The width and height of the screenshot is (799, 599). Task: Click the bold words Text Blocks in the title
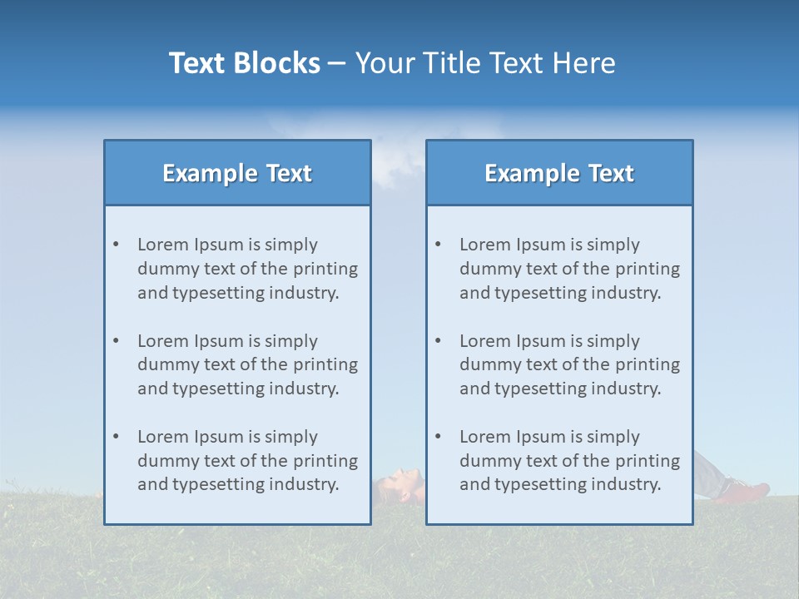click(x=244, y=63)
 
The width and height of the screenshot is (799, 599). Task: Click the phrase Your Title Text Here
click(x=485, y=63)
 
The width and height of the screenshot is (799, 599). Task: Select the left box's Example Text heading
click(x=237, y=173)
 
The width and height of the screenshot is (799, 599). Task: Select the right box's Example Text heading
click(x=559, y=173)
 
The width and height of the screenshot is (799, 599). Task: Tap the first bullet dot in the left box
click(x=116, y=245)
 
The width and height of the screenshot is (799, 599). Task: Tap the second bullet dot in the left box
click(x=116, y=341)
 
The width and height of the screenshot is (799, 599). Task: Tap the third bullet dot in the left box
click(x=116, y=437)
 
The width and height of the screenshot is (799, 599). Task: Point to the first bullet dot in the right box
click(x=438, y=245)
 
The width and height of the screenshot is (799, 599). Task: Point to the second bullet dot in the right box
click(x=438, y=341)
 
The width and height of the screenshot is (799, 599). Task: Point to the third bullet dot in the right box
click(x=438, y=437)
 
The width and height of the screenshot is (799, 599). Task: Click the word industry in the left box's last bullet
click(x=305, y=485)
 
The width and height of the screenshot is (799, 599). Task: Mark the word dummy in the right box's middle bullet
click(x=489, y=364)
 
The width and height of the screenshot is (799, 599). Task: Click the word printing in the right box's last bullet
click(x=648, y=461)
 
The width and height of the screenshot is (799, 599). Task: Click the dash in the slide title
click(x=337, y=64)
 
